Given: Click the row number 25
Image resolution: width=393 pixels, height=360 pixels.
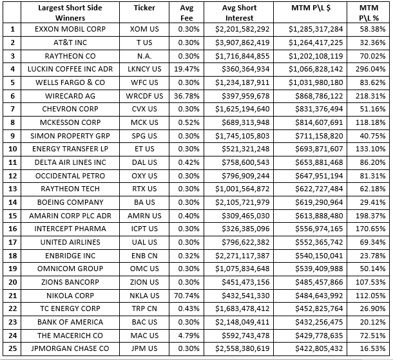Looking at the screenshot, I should click(x=11, y=348).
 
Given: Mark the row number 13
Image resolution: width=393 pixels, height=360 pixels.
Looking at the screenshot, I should click(x=11, y=189).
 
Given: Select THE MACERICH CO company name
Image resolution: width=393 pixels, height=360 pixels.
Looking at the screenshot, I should click(x=70, y=335).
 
